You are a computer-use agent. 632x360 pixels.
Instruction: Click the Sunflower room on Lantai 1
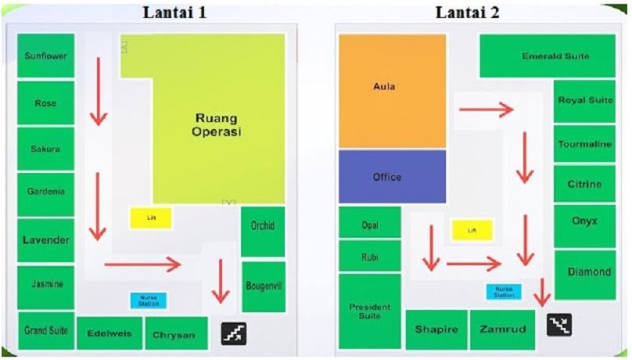point(45,56)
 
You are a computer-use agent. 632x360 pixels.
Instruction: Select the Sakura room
point(45,149)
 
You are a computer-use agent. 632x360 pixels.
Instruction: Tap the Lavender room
point(45,240)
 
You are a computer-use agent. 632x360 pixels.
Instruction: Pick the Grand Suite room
point(45,331)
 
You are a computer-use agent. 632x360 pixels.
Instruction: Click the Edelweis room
point(110,333)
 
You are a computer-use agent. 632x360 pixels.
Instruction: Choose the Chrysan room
point(176,333)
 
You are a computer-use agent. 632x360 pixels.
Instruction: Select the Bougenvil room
point(263,286)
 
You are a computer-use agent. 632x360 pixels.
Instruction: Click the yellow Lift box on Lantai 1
point(151,218)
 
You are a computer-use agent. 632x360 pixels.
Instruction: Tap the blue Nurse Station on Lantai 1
point(149,300)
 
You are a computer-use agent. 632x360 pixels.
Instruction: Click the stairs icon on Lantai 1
point(234,334)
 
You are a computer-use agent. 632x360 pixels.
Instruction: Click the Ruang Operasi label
point(217,125)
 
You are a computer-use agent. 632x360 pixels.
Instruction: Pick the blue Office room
point(392,177)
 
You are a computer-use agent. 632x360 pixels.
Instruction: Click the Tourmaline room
point(584,144)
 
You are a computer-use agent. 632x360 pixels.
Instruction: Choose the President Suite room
point(369,311)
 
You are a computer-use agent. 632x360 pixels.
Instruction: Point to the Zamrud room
point(502,330)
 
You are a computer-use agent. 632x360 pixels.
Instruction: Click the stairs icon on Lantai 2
point(560,324)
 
